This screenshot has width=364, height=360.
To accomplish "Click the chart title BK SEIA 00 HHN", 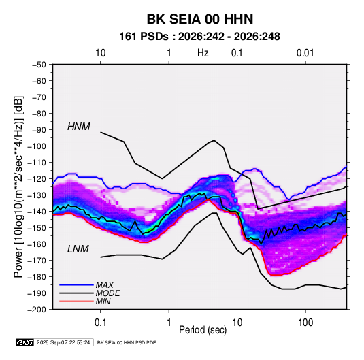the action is point(200,19).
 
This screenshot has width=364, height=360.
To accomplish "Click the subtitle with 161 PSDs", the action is point(199,37).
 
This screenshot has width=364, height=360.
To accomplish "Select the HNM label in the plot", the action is point(79,127).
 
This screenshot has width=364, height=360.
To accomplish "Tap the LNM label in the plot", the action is point(78,249).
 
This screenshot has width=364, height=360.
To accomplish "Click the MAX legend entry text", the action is point(105,285).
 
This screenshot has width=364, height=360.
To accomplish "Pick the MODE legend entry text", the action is point(108,293).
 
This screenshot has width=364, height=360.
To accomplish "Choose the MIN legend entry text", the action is point(103,301).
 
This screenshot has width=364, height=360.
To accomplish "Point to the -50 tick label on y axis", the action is point(39,65).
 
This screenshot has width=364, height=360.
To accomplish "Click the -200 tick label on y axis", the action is point(37,310).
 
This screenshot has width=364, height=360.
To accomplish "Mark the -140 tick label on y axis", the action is point(37,212).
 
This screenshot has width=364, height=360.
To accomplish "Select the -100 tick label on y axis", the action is point(37,146).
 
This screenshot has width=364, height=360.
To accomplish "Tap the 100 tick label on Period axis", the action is point(305,323).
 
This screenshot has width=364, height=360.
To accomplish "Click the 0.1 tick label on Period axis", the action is point(100,323).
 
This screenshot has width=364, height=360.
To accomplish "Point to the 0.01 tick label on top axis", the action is point(305,53).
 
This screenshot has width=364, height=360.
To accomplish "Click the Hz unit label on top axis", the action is point(203,53).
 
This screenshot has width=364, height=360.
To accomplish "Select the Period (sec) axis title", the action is point(203,330).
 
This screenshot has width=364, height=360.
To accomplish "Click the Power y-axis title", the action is point(18,187).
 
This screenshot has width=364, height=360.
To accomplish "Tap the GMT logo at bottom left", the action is point(24,342).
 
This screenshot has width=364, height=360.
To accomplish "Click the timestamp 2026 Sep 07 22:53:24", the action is point(63,342).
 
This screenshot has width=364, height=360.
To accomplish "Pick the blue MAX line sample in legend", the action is point(76,285).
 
